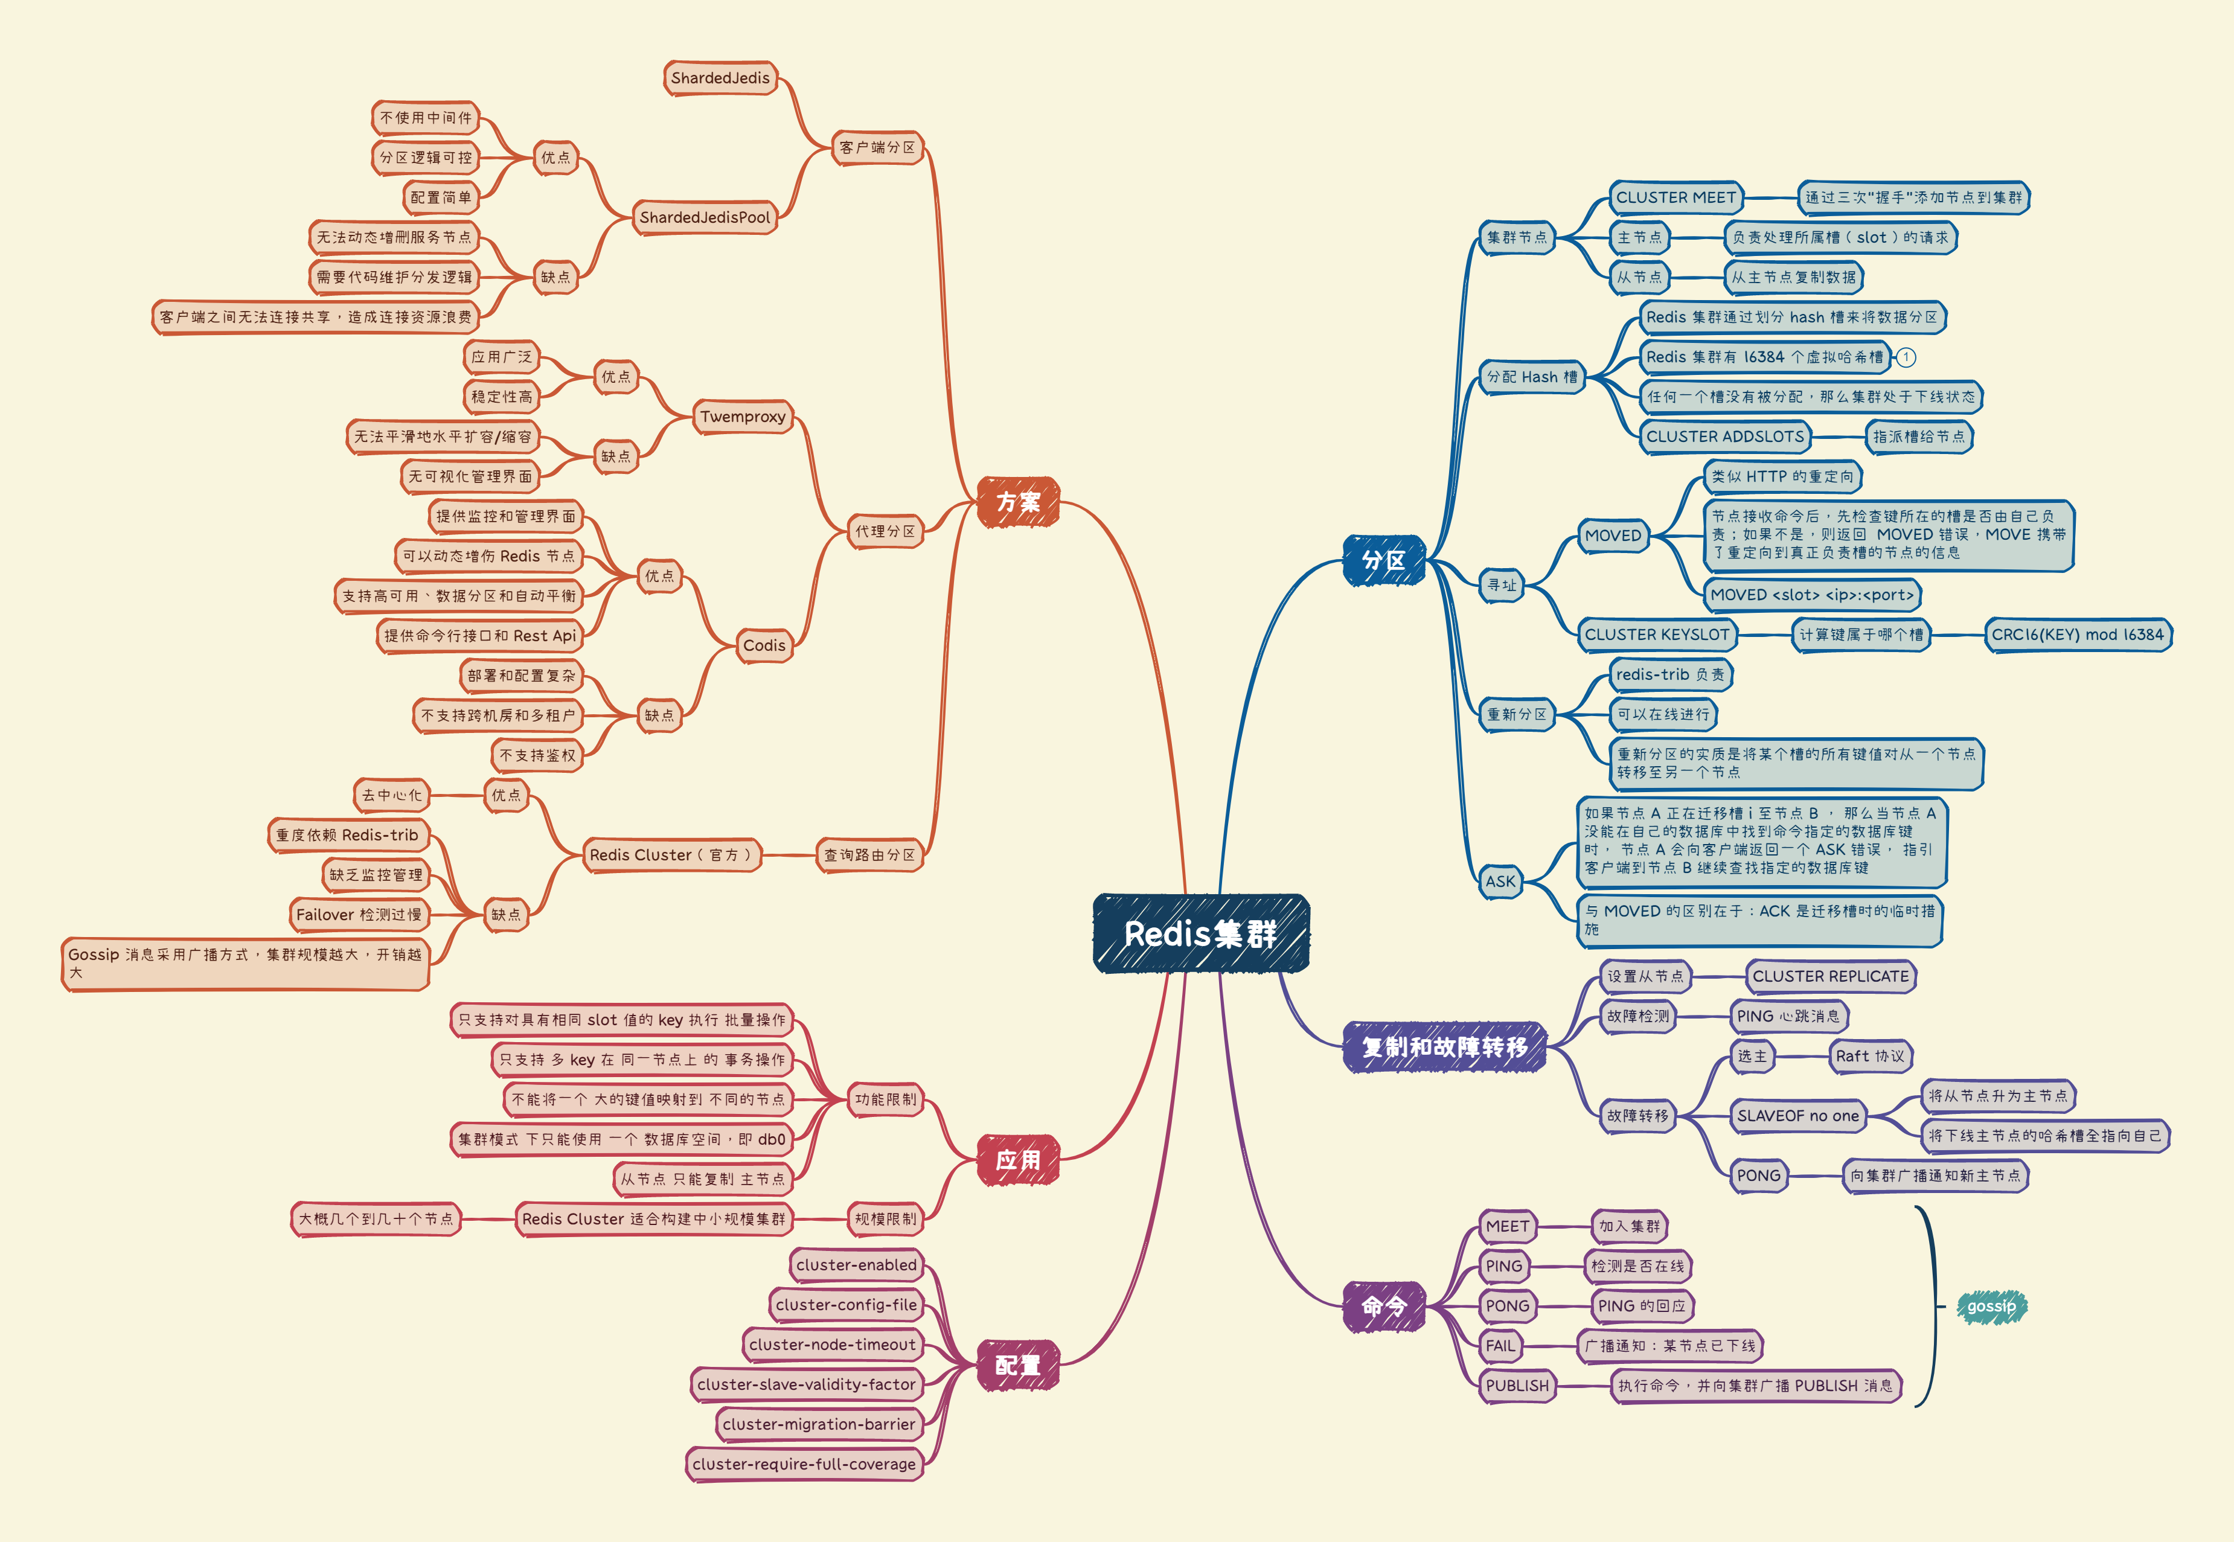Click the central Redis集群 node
coord(1201,933)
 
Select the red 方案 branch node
coord(1019,502)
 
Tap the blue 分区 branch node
coord(1384,560)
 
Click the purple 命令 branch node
coord(1384,1307)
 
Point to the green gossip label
coord(1991,1307)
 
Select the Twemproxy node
coord(743,417)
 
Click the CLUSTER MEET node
coord(1676,197)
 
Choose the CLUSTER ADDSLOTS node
coord(1725,437)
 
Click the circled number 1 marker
coord(1906,357)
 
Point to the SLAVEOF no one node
coord(1797,1116)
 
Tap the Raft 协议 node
coord(1870,1056)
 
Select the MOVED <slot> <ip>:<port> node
coord(1812,595)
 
